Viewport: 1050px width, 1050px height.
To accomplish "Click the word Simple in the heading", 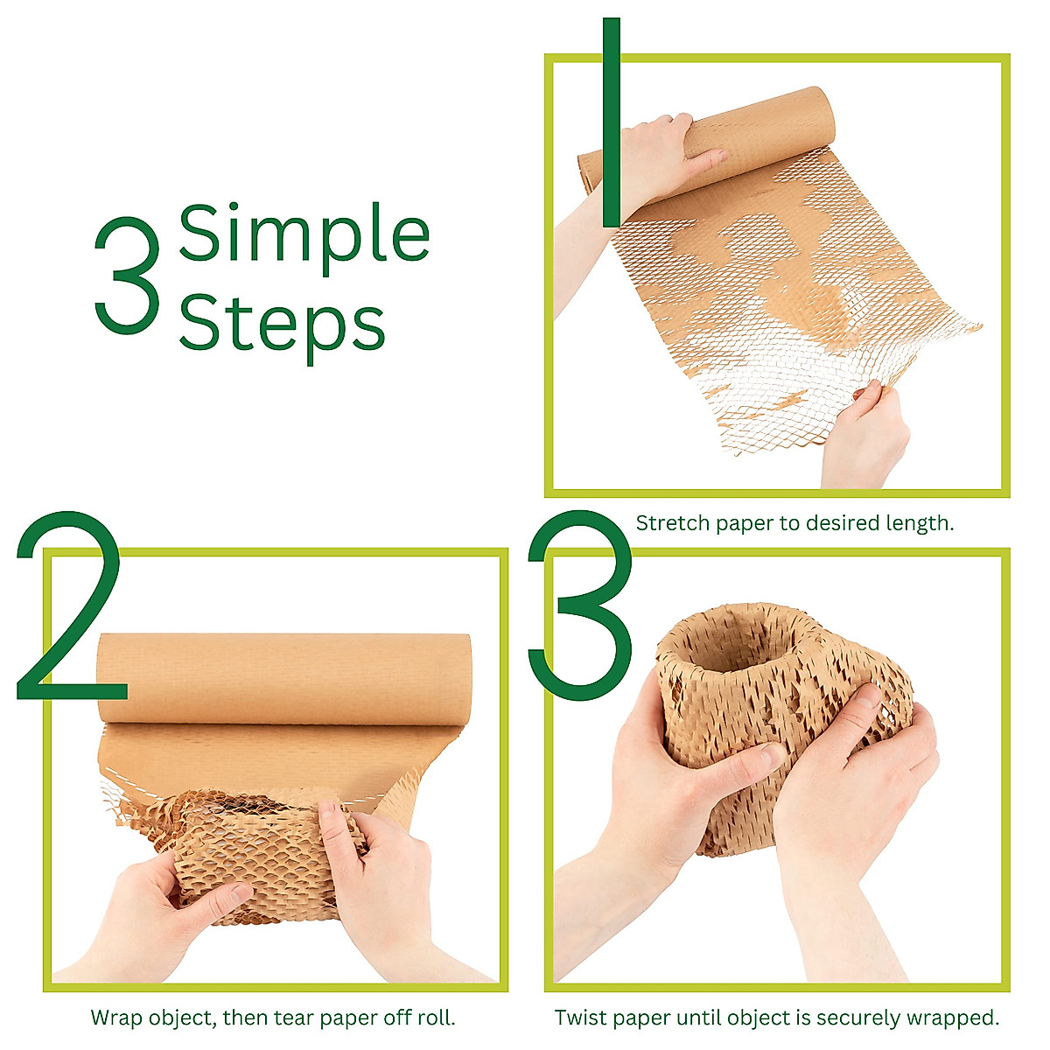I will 304,234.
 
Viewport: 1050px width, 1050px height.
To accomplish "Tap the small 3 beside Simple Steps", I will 128,276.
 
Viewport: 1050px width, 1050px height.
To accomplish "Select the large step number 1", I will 611,122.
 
